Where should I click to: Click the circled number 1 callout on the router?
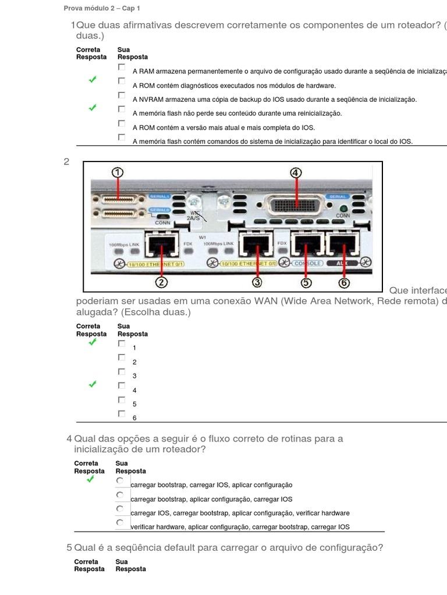118,173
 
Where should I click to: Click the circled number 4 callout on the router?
296,173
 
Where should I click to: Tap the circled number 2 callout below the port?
161,282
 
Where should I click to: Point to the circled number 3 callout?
257,282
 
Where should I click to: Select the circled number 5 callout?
306,282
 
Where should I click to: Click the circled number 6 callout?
344,282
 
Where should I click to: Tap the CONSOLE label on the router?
307,263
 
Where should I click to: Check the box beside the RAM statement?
122,67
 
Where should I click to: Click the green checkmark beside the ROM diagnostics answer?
93,80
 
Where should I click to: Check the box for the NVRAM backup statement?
122,95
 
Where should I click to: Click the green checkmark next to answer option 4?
93,385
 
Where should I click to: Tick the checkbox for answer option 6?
122,414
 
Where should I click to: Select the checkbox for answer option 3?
122,371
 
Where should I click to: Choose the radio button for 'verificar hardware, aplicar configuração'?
120,523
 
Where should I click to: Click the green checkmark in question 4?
90,479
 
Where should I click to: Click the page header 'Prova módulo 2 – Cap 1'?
102,9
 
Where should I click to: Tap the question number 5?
69,548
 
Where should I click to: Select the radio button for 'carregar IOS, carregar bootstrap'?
120,509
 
